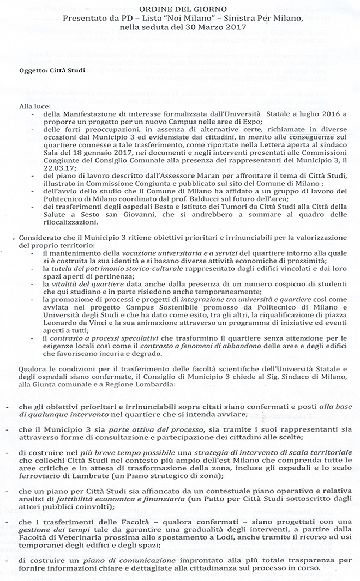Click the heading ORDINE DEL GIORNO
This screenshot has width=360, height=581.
pos(180,9)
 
